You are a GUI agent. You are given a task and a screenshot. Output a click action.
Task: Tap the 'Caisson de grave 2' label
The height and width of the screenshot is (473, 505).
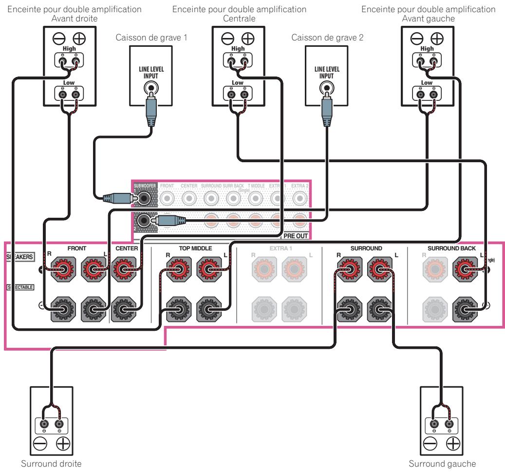coord(320,38)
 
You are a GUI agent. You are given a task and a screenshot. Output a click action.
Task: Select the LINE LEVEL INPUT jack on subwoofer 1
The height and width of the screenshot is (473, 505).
coord(150,89)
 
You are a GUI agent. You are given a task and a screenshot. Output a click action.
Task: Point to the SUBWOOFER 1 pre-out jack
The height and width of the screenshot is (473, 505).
coord(143,198)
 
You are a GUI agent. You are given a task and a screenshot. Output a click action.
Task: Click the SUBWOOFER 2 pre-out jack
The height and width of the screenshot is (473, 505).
coord(143,220)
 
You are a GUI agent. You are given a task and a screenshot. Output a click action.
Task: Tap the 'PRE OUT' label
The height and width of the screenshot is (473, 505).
coord(296,236)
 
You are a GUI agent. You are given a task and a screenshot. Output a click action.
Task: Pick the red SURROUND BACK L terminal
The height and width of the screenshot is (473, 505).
coord(466,268)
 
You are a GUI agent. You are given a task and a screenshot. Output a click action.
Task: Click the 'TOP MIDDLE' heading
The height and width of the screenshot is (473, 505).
coord(195,248)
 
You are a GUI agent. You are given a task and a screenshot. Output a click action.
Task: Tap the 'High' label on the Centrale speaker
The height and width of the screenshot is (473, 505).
coord(238,49)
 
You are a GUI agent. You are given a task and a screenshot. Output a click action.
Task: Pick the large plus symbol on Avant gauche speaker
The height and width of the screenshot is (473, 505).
coord(437,38)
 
